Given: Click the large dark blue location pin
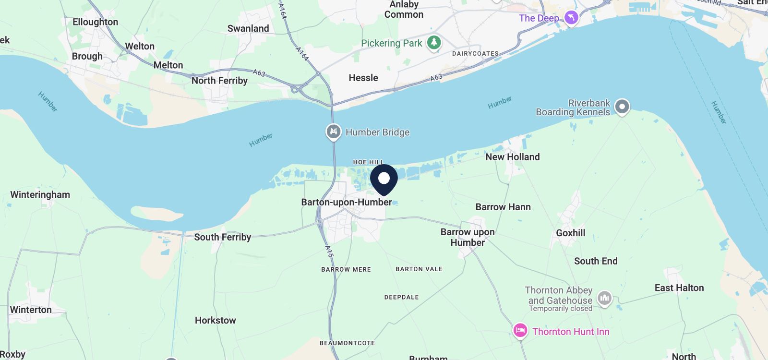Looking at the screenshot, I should [384, 179].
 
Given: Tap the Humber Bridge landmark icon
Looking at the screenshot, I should [333, 132].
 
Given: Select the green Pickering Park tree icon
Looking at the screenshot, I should [434, 42].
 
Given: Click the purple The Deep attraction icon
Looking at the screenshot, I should [571, 18].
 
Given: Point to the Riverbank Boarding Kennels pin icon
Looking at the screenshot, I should [622, 107].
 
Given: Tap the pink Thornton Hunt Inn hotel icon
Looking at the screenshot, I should [520, 331].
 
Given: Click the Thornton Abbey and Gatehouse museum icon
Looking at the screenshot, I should [604, 299].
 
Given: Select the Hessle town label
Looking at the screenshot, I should [363, 78].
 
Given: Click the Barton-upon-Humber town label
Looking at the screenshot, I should [346, 202].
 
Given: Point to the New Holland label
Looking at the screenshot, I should [512, 157].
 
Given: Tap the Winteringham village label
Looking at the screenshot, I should [40, 194].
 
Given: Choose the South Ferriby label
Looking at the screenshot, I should [222, 237].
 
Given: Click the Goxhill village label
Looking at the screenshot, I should [570, 233].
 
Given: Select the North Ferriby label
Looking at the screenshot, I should [219, 81].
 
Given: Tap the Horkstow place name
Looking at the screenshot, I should [215, 320].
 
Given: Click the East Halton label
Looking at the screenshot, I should [679, 288].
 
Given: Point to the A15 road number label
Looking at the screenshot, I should [329, 251].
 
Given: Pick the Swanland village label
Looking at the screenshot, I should [248, 28].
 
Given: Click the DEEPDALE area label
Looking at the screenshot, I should [401, 297].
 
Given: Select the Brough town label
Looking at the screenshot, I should [87, 56].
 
